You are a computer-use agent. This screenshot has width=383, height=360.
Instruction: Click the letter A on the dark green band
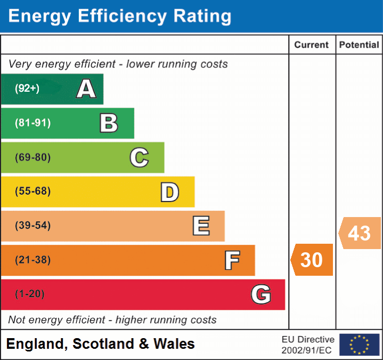[86, 89]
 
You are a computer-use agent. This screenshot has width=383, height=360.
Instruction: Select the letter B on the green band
[109, 123]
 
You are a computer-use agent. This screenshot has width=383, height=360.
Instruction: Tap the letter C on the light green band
[139, 157]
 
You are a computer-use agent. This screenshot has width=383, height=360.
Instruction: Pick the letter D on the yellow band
[169, 192]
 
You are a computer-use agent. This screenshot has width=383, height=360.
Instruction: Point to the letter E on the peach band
[201, 226]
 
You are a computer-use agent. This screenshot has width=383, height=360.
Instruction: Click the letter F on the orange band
[232, 260]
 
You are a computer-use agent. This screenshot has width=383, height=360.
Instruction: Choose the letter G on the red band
[261, 294]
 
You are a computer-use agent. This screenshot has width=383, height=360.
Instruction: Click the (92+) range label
[27, 89]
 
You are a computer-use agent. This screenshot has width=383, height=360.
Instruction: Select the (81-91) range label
[33, 123]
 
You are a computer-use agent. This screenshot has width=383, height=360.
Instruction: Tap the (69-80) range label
[33, 157]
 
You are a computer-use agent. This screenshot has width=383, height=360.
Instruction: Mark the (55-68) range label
[33, 191]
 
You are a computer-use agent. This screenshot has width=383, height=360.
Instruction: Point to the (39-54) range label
[33, 226]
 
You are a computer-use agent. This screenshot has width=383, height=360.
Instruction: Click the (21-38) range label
[33, 260]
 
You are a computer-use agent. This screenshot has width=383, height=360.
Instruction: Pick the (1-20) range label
[30, 294]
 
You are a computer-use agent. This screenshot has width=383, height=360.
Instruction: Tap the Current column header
[312, 45]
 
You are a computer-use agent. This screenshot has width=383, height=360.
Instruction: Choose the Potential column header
[359, 45]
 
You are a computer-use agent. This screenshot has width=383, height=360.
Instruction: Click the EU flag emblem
[359, 345]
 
